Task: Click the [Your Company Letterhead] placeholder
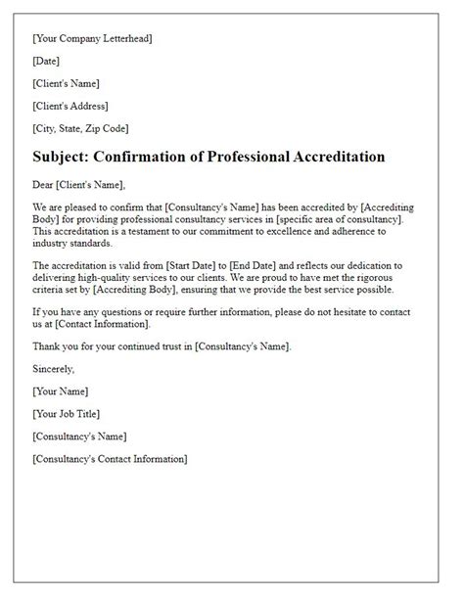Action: coord(92,38)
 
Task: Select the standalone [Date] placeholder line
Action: coord(46,61)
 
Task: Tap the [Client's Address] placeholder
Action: coord(70,106)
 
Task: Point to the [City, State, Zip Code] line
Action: coord(80,128)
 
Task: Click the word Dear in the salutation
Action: coord(43,184)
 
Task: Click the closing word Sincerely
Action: coord(53,369)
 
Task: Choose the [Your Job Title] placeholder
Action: coord(66,414)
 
